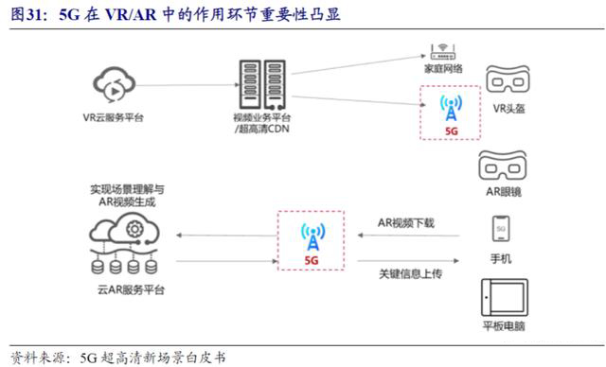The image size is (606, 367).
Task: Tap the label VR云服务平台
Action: [113, 120]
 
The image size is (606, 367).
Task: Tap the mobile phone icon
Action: [502, 230]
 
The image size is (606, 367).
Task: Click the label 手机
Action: [502, 259]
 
